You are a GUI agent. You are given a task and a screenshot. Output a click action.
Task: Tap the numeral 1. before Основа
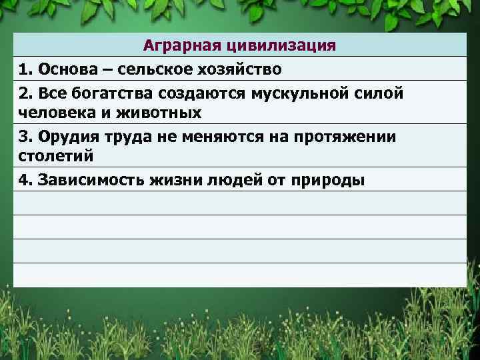[26, 69]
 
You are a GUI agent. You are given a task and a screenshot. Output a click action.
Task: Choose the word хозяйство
[237, 69]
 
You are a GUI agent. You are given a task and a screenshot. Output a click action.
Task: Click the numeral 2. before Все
[26, 93]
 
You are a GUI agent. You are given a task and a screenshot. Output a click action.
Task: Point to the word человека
[51, 112]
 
